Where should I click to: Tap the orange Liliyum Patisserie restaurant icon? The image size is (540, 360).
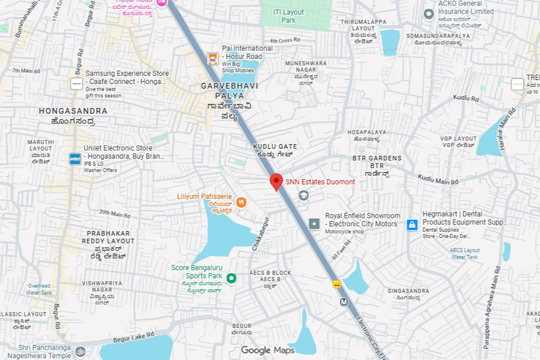pyautogui.click(x=242, y=202)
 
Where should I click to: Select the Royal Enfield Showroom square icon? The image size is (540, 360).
pyautogui.click(x=314, y=223)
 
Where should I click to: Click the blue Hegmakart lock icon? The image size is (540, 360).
pyautogui.click(x=412, y=225)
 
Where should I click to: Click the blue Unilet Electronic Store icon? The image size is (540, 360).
pyautogui.click(x=75, y=158)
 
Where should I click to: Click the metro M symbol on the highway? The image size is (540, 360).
pyautogui.click(x=344, y=302)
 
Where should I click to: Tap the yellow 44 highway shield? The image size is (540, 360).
pyautogui.click(x=336, y=284)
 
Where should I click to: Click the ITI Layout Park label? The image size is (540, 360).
pyautogui.click(x=288, y=16)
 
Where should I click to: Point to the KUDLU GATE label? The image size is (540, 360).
pyautogui.click(x=275, y=147)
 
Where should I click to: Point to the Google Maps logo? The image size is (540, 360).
pyautogui.click(x=268, y=350)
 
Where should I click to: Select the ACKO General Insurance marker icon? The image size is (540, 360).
pyautogui.click(x=428, y=14)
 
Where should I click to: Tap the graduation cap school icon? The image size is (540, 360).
pyautogui.click(x=304, y=195)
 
